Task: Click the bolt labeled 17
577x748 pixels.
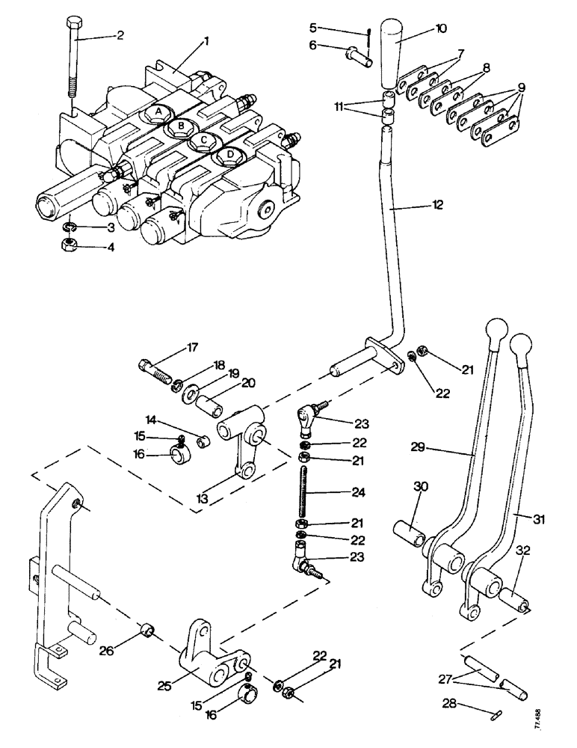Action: pyautogui.click(x=155, y=369)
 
